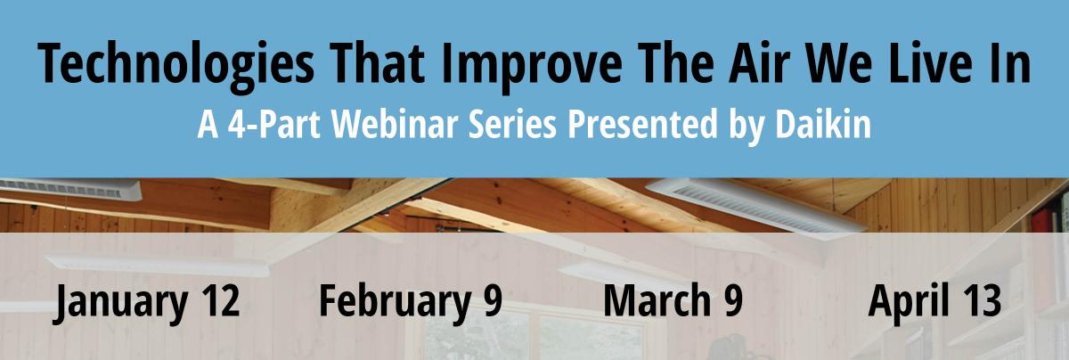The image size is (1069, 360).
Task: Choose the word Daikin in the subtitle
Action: [823, 124]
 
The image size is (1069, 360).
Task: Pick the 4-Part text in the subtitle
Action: [273, 124]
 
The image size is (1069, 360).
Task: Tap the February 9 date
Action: [411, 302]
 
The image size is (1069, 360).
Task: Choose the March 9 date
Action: [673, 299]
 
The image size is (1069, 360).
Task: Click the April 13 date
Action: [934, 302]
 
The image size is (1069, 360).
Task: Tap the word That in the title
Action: [376, 62]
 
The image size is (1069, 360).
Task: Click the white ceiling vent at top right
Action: [756, 209]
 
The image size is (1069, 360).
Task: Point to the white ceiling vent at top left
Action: [70, 190]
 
